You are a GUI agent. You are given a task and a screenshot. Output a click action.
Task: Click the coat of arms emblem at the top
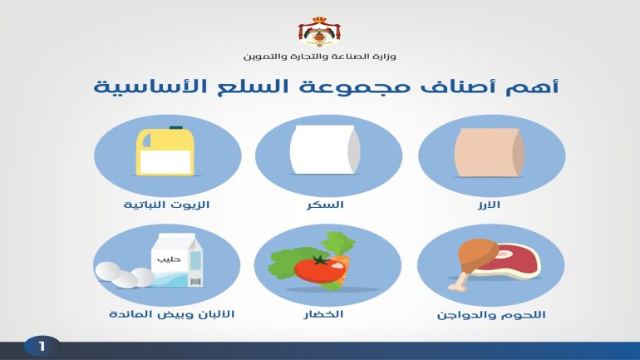[320, 32]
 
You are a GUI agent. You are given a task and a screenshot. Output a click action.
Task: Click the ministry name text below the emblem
[320, 57]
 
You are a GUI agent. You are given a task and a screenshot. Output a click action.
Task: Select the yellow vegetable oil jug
[165, 151]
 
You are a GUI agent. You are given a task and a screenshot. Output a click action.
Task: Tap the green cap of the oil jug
[176, 128]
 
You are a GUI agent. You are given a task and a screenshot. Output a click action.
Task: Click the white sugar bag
[325, 150]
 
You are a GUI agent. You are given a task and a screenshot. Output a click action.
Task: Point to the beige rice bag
[490, 153]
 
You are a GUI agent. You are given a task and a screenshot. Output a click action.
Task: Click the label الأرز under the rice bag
[489, 205]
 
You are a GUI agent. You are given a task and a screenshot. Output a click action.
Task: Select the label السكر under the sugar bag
[325, 205]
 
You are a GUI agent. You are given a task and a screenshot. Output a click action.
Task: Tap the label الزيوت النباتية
[166, 205]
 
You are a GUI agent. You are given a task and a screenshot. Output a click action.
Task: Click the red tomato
[320, 269]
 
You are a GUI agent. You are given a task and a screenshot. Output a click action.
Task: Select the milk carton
[177, 259]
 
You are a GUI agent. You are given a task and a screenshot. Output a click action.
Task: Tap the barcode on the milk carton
[195, 282]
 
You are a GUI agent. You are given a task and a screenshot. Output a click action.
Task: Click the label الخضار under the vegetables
[323, 314]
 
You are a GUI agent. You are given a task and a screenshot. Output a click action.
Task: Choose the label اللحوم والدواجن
[491, 315]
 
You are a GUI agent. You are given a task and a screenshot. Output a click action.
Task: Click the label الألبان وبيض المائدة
[171, 314]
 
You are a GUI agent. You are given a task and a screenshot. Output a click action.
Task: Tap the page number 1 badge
[42, 347]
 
